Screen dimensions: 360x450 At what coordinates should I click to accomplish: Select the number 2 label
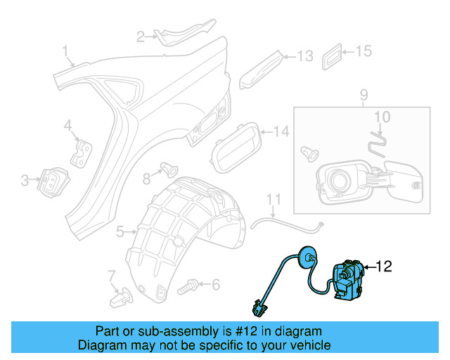[x=140, y=36]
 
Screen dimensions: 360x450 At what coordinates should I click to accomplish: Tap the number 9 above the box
[x=364, y=94]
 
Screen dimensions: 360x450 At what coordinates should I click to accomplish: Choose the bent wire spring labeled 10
[x=378, y=140]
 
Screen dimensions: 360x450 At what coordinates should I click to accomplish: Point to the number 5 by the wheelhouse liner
[x=120, y=231]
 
